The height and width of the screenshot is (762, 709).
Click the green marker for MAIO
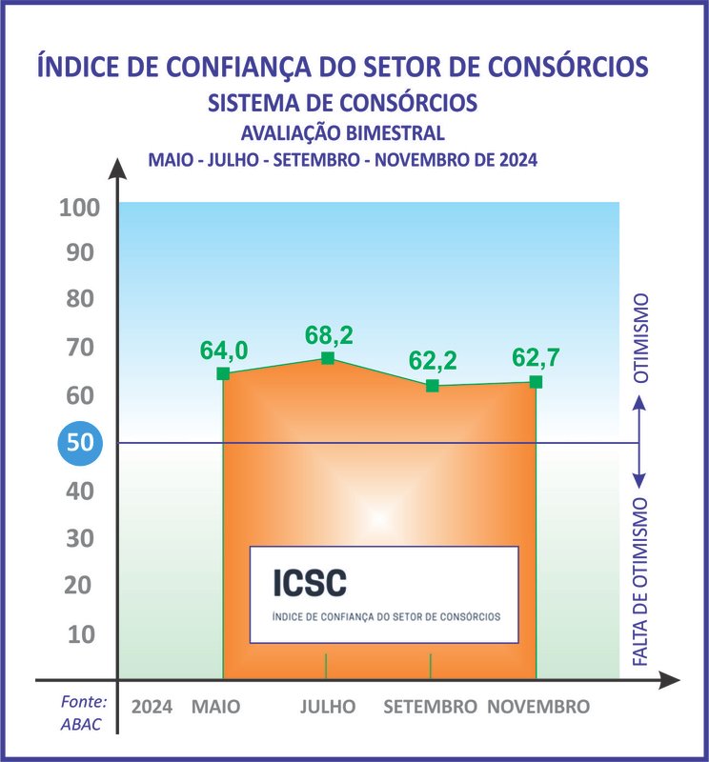click(223, 373)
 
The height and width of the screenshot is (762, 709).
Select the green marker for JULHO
click(327, 358)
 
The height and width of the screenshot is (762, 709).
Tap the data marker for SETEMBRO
click(432, 386)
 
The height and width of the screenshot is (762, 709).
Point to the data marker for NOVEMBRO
click(536, 382)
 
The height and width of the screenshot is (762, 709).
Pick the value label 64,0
click(224, 351)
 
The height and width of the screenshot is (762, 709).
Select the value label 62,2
click(434, 361)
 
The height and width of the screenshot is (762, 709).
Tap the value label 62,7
click(537, 358)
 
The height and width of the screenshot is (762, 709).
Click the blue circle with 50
click(79, 443)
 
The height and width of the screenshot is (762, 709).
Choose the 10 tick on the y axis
click(82, 633)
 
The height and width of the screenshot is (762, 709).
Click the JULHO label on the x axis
click(328, 707)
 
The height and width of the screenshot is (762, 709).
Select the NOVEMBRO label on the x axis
click(538, 707)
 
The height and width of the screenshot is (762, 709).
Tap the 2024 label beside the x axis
click(152, 707)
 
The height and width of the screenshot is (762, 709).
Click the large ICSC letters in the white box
click(309, 581)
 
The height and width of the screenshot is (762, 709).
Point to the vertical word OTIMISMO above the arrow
click(641, 337)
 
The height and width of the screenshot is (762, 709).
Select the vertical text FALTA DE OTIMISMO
click(641, 581)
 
